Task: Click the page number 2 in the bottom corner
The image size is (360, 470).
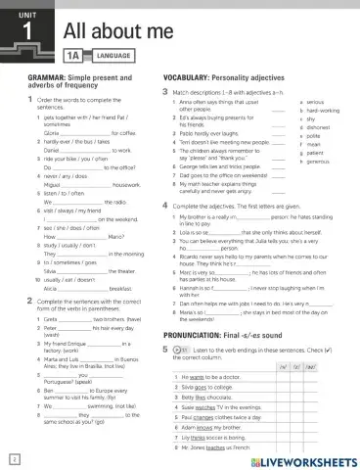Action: pos(12,458)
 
